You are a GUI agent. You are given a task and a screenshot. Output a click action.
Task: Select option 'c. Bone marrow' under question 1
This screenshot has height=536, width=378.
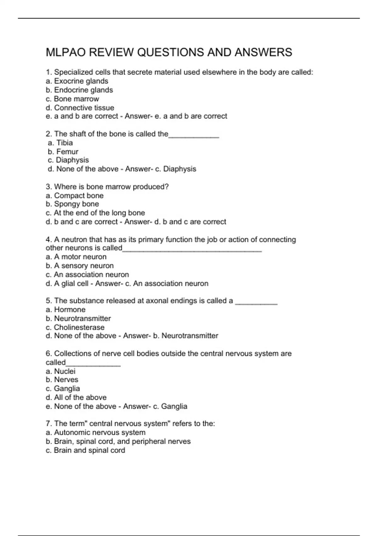tap(72, 99)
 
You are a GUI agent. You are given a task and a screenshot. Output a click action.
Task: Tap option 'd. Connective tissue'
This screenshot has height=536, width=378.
tap(80, 108)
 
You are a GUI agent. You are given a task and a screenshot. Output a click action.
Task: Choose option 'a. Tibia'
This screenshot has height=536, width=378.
tap(60, 143)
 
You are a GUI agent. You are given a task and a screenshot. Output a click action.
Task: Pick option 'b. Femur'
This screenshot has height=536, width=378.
tap(63, 151)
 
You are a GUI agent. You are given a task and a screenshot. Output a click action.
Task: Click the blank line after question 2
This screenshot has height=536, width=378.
tap(194, 136)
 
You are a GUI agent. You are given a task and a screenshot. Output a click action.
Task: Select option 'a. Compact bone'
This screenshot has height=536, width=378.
tap(74, 195)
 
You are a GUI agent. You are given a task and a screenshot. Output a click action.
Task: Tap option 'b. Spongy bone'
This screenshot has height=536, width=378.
tap(72, 204)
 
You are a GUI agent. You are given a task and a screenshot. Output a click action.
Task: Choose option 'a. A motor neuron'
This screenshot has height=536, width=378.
tap(76, 257)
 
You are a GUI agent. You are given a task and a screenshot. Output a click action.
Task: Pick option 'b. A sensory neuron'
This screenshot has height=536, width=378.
tap(79, 265)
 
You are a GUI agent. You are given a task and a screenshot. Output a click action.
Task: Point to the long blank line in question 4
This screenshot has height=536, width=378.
tap(192, 250)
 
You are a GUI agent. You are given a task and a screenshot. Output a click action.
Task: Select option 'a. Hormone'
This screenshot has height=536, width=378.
tap(66, 309)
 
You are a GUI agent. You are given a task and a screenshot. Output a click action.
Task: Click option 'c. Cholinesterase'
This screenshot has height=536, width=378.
tap(75, 327)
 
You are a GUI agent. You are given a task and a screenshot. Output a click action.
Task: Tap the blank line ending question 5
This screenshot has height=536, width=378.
tap(256, 303)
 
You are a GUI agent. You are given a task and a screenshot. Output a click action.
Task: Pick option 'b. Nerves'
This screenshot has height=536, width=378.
tap(62, 380)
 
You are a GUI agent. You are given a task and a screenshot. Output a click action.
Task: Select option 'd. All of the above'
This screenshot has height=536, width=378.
tap(76, 397)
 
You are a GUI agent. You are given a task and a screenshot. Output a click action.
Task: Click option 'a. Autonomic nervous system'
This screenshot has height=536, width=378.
tap(95, 432)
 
